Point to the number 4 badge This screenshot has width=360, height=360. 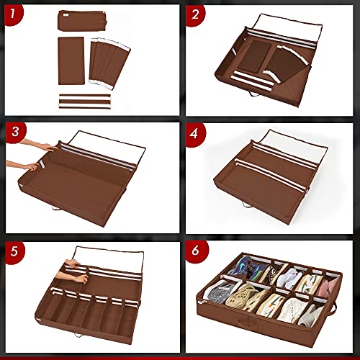coord(194,132)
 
